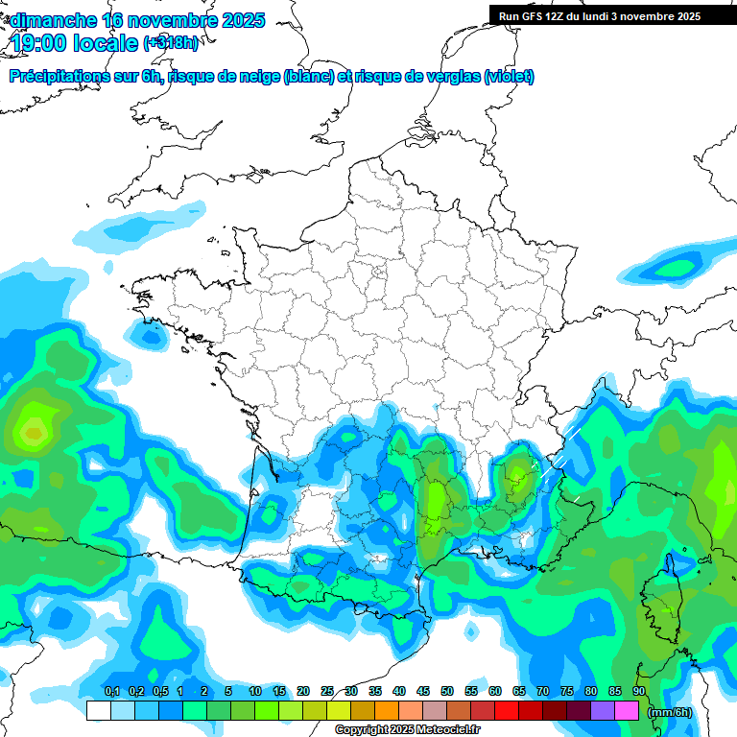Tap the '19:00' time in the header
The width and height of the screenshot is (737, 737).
(42, 43)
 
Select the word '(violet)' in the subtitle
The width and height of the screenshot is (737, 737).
(510, 77)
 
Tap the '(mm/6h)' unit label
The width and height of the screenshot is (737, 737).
(671, 712)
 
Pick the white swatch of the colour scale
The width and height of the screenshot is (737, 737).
(98, 711)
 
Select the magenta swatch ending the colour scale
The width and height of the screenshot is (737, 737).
(628, 711)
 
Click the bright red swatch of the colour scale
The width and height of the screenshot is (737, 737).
(507, 711)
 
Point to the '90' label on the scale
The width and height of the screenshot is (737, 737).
(639, 691)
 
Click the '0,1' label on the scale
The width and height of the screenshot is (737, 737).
(112, 691)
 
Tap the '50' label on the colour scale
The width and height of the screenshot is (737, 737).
(447, 691)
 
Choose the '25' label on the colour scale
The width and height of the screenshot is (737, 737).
(327, 691)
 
